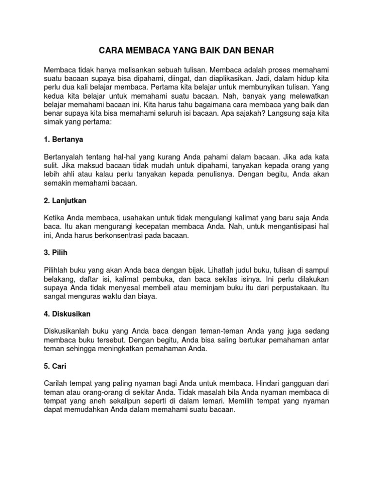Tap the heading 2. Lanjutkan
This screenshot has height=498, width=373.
(x=65, y=200)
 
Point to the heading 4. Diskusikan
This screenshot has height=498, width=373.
(x=67, y=314)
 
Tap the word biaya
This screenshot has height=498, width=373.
(x=146, y=297)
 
